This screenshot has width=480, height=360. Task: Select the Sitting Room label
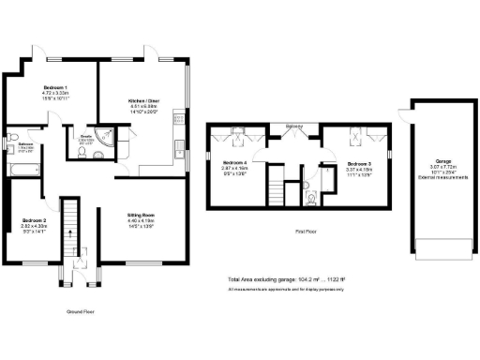pos(142,216)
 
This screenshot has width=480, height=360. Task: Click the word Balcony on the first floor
pos(293,124)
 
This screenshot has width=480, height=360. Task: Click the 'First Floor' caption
pos(306,230)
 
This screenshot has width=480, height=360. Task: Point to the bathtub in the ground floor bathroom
pos(22,169)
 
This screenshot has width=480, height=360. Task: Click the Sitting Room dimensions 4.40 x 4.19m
pos(142,221)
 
